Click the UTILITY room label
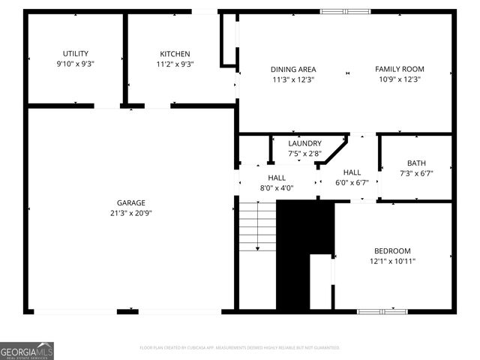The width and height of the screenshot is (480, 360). coord(75,53)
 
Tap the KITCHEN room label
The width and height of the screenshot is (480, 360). coord(175,53)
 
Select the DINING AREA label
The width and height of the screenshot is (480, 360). coord(293,69)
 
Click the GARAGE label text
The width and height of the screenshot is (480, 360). coord(130,202)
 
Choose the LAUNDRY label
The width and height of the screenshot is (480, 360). coord(304,143)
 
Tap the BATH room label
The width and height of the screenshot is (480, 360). coord(415,163)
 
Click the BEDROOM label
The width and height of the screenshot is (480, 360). coord(392,250)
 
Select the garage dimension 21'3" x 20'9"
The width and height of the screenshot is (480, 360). coord(130,213)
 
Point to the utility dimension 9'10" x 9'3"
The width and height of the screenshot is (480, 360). coord(75,64)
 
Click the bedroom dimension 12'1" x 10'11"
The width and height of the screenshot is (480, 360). coord(392,261)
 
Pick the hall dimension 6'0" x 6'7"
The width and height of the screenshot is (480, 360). coord(352,182)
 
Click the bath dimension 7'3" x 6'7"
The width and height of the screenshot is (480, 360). coord(415,173)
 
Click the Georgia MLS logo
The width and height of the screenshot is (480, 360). coord(27,350)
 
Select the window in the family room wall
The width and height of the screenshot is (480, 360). coord(345,11)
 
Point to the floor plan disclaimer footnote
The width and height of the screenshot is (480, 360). coord(240,348)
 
